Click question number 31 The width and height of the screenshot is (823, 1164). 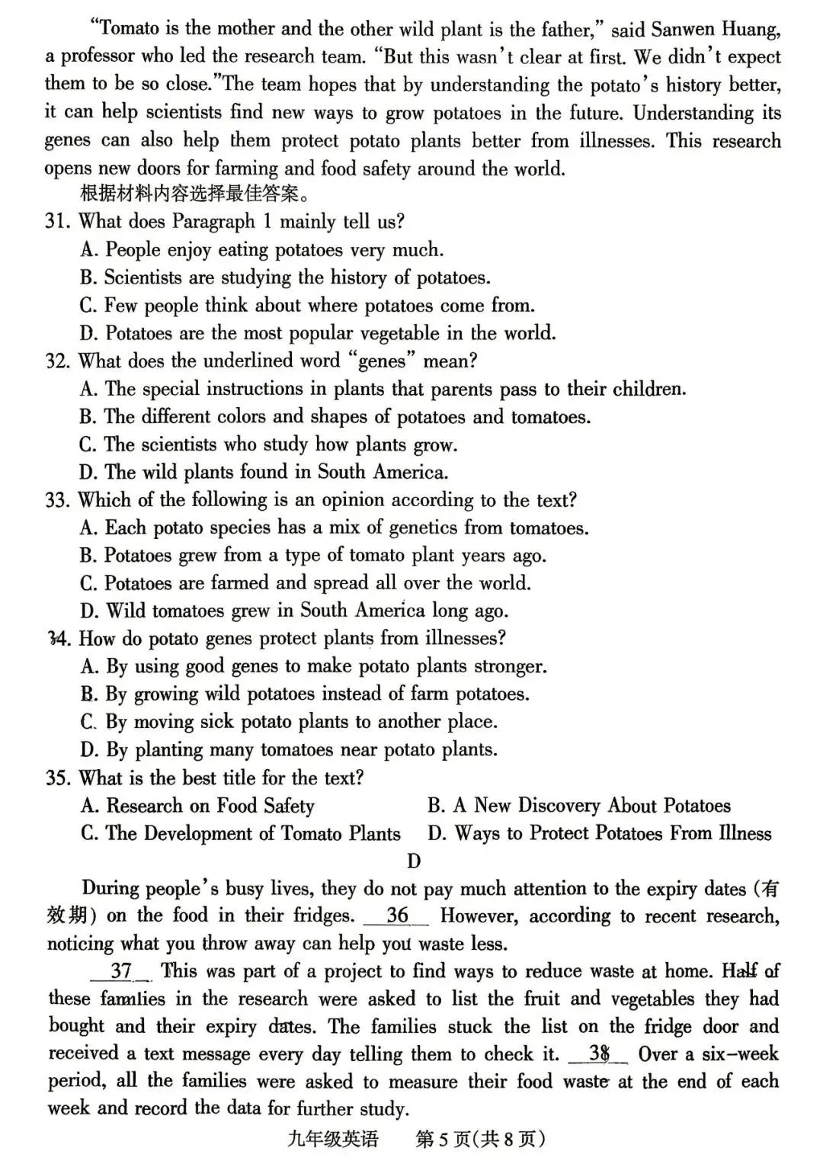click(57, 222)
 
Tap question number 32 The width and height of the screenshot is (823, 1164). click(57, 361)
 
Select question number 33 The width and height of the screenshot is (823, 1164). click(57, 501)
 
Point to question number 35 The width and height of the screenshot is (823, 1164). click(57, 778)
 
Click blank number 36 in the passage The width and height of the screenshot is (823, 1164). click(397, 915)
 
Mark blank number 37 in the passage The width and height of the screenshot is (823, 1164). click(121, 971)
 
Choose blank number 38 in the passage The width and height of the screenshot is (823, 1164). click(598, 1054)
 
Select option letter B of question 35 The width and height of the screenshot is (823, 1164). click(436, 806)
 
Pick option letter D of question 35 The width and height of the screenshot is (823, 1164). click(436, 834)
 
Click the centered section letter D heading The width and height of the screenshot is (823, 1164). click(414, 861)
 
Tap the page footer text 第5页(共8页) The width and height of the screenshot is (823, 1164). click(480, 1140)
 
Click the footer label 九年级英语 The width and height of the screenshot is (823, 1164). click(333, 1140)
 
